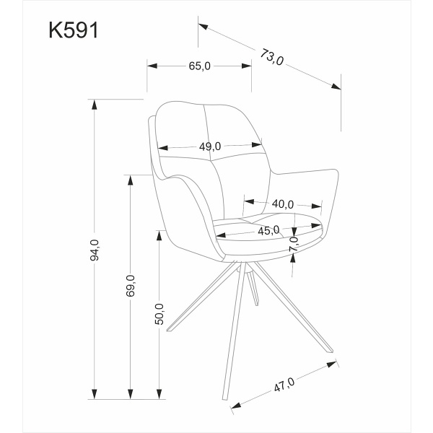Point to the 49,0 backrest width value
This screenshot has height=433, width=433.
click(210, 146)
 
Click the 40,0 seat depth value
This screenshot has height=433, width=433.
click(282, 204)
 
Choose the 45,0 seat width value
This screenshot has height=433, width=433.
click(268, 230)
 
